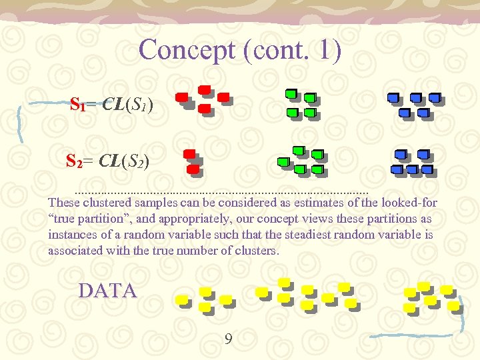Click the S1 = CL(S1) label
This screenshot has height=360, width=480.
[x=112, y=105]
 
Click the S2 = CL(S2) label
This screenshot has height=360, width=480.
[x=107, y=161]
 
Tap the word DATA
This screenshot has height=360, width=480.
[x=107, y=291]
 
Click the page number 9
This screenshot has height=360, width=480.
[x=229, y=340]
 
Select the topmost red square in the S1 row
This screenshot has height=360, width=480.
[x=205, y=89]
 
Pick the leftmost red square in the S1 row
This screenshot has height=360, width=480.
[x=181, y=97]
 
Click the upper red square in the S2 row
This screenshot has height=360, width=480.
[x=189, y=154]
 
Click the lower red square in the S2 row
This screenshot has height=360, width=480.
[x=193, y=169]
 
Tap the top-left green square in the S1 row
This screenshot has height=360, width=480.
[x=291, y=93]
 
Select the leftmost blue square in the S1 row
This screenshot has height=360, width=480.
[x=393, y=98]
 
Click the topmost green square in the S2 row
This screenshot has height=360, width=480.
[x=299, y=149]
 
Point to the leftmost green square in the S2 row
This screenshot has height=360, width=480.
[x=282, y=161]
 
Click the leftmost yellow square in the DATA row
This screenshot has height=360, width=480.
[x=182, y=300]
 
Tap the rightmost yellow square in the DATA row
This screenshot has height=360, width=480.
[x=453, y=305]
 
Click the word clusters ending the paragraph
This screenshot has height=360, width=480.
[x=259, y=251]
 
